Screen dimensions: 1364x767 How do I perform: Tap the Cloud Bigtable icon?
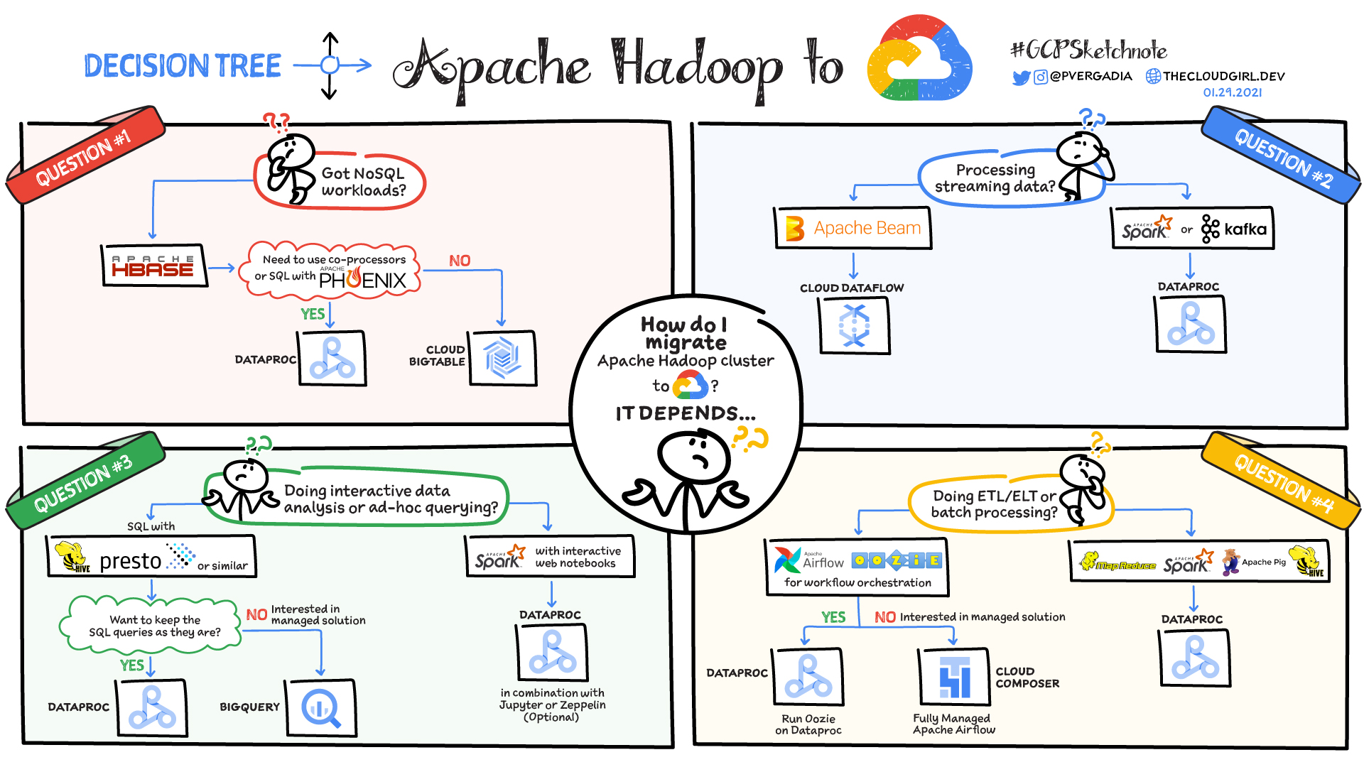(502, 357)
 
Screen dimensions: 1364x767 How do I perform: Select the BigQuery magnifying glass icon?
(321, 707)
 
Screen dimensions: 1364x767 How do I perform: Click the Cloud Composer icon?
(953, 676)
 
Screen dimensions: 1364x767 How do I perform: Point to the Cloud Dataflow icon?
(854, 325)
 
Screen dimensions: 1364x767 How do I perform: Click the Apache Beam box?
(852, 228)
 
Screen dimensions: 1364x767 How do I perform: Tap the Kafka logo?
(1234, 229)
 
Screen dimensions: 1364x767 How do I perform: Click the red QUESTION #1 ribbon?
(85, 156)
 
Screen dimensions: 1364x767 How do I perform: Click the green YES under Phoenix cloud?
(313, 314)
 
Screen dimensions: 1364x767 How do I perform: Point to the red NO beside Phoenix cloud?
(460, 261)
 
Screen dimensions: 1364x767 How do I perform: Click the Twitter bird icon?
(1021, 77)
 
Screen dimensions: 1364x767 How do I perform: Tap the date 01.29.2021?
(1233, 92)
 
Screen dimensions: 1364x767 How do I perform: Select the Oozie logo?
(897, 560)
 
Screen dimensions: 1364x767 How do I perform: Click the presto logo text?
(131, 562)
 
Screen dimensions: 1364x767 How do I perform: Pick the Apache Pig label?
(1264, 562)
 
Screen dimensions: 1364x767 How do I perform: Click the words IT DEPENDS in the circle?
(686, 413)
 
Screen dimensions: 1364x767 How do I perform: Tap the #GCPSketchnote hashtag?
(1088, 50)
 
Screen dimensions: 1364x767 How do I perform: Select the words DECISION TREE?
(183, 65)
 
